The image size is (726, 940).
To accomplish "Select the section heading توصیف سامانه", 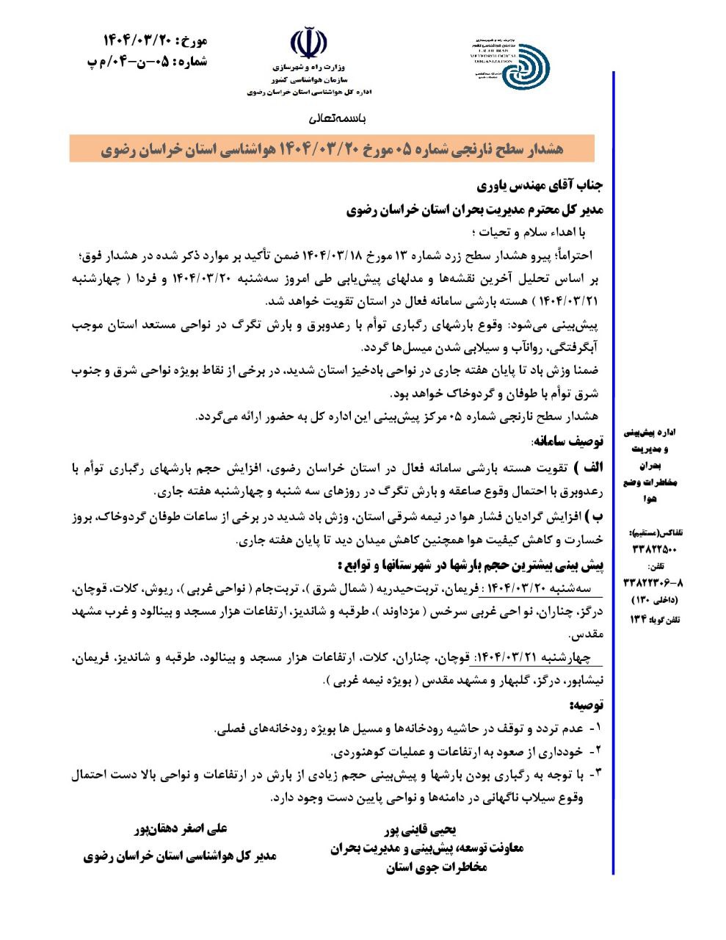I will [567, 442].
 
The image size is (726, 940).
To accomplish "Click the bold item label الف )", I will [586, 468].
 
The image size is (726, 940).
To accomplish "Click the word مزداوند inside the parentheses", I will [388, 611].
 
